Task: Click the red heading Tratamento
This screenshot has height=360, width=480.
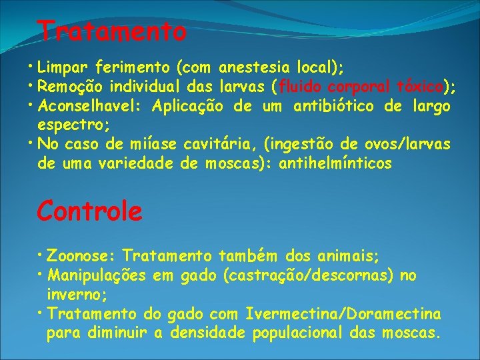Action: (x=111, y=30)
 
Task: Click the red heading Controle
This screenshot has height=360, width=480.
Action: (x=89, y=211)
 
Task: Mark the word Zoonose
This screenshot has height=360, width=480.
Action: (x=81, y=255)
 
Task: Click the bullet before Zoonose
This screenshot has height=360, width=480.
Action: (x=42, y=255)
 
